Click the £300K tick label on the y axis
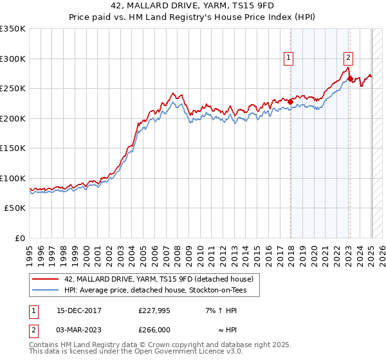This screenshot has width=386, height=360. [x=13, y=59]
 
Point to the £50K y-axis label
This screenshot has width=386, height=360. [x=15, y=208]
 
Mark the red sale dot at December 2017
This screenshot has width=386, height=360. [x=291, y=102]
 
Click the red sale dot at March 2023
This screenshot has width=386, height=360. [x=350, y=79]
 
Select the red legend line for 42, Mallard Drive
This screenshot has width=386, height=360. [x=46, y=279]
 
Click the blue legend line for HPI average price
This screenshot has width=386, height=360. [x=46, y=291]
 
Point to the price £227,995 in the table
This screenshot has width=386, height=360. [x=154, y=310]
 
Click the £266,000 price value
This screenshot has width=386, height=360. [x=154, y=329]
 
